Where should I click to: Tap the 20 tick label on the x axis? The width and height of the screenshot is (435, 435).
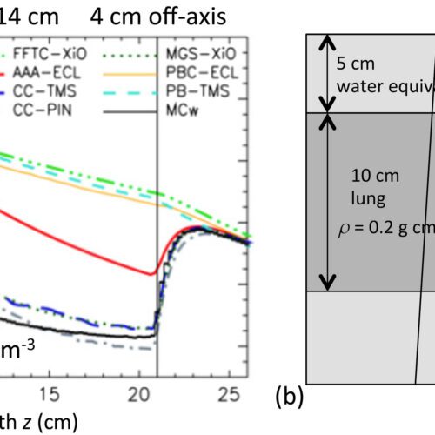click(x=150, y=392)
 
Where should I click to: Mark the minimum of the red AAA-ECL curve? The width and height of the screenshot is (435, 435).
click(x=151, y=275)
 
